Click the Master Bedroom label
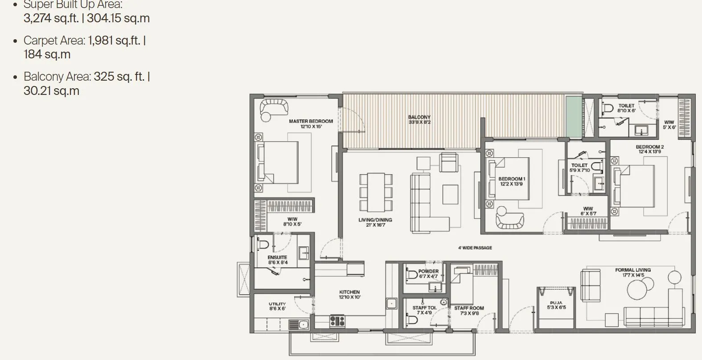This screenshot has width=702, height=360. point(311,121)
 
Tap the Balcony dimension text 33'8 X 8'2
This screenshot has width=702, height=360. point(419,122)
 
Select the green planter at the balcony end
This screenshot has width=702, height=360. point(574,117)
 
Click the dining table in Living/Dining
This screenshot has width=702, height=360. point(376,192)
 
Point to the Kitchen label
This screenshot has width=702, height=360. point(349,292)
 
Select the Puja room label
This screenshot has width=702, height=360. point(556,303)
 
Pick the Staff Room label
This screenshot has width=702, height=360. point(469,308)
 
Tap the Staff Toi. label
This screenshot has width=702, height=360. point(424,308)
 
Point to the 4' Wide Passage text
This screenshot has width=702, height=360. point(475,248)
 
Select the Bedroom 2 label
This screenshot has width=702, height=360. point(649,147)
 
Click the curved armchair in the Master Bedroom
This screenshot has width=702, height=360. point(273,108)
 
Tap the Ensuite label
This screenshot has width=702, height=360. point(277,258)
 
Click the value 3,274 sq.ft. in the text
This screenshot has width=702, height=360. point(51,19)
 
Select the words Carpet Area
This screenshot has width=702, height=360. point(54,41)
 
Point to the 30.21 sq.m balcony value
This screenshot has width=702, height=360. point(51,91)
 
